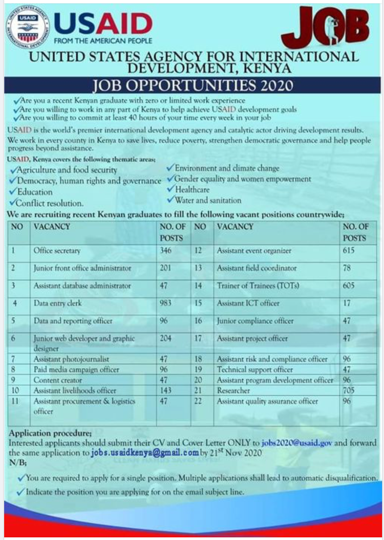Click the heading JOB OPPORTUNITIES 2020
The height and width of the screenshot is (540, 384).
pos(193,85)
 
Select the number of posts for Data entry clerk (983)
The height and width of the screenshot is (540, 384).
pos(166,303)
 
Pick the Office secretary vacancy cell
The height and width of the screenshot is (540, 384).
pos(57,251)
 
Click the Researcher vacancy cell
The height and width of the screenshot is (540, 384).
pos(234,391)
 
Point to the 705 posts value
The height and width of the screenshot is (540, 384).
pos(348,391)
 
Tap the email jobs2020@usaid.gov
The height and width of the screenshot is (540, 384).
pos(297,443)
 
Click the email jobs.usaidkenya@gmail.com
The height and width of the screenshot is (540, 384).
pos(145,453)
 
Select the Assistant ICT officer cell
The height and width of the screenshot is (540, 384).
pos(248,303)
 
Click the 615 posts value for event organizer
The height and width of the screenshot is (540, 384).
pos(348,251)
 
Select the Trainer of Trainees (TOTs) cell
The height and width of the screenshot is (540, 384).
pos(258,286)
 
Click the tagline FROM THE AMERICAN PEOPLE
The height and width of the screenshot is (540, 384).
pos(103,41)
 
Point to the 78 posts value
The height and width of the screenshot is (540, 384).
pos(347,268)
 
